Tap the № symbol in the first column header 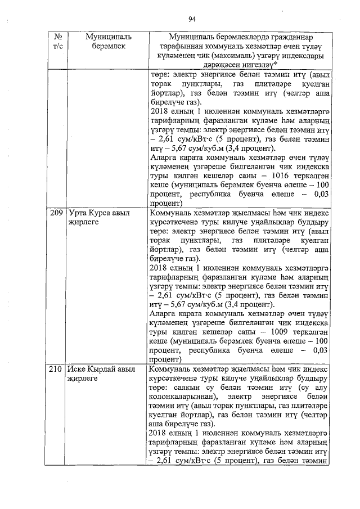pyautogui.click(x=57, y=36)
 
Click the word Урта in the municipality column pyautogui.click(x=77, y=214)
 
